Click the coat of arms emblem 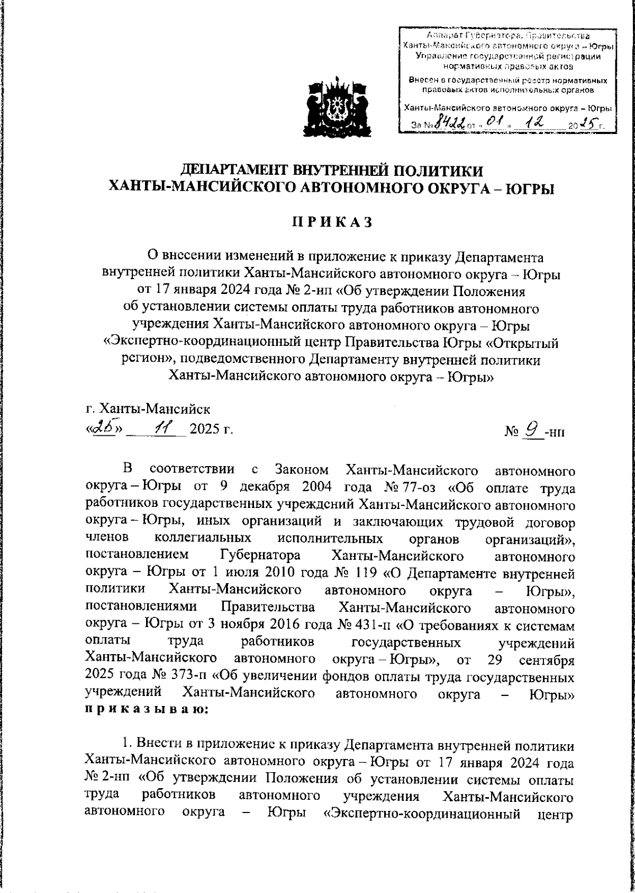[334, 109]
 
